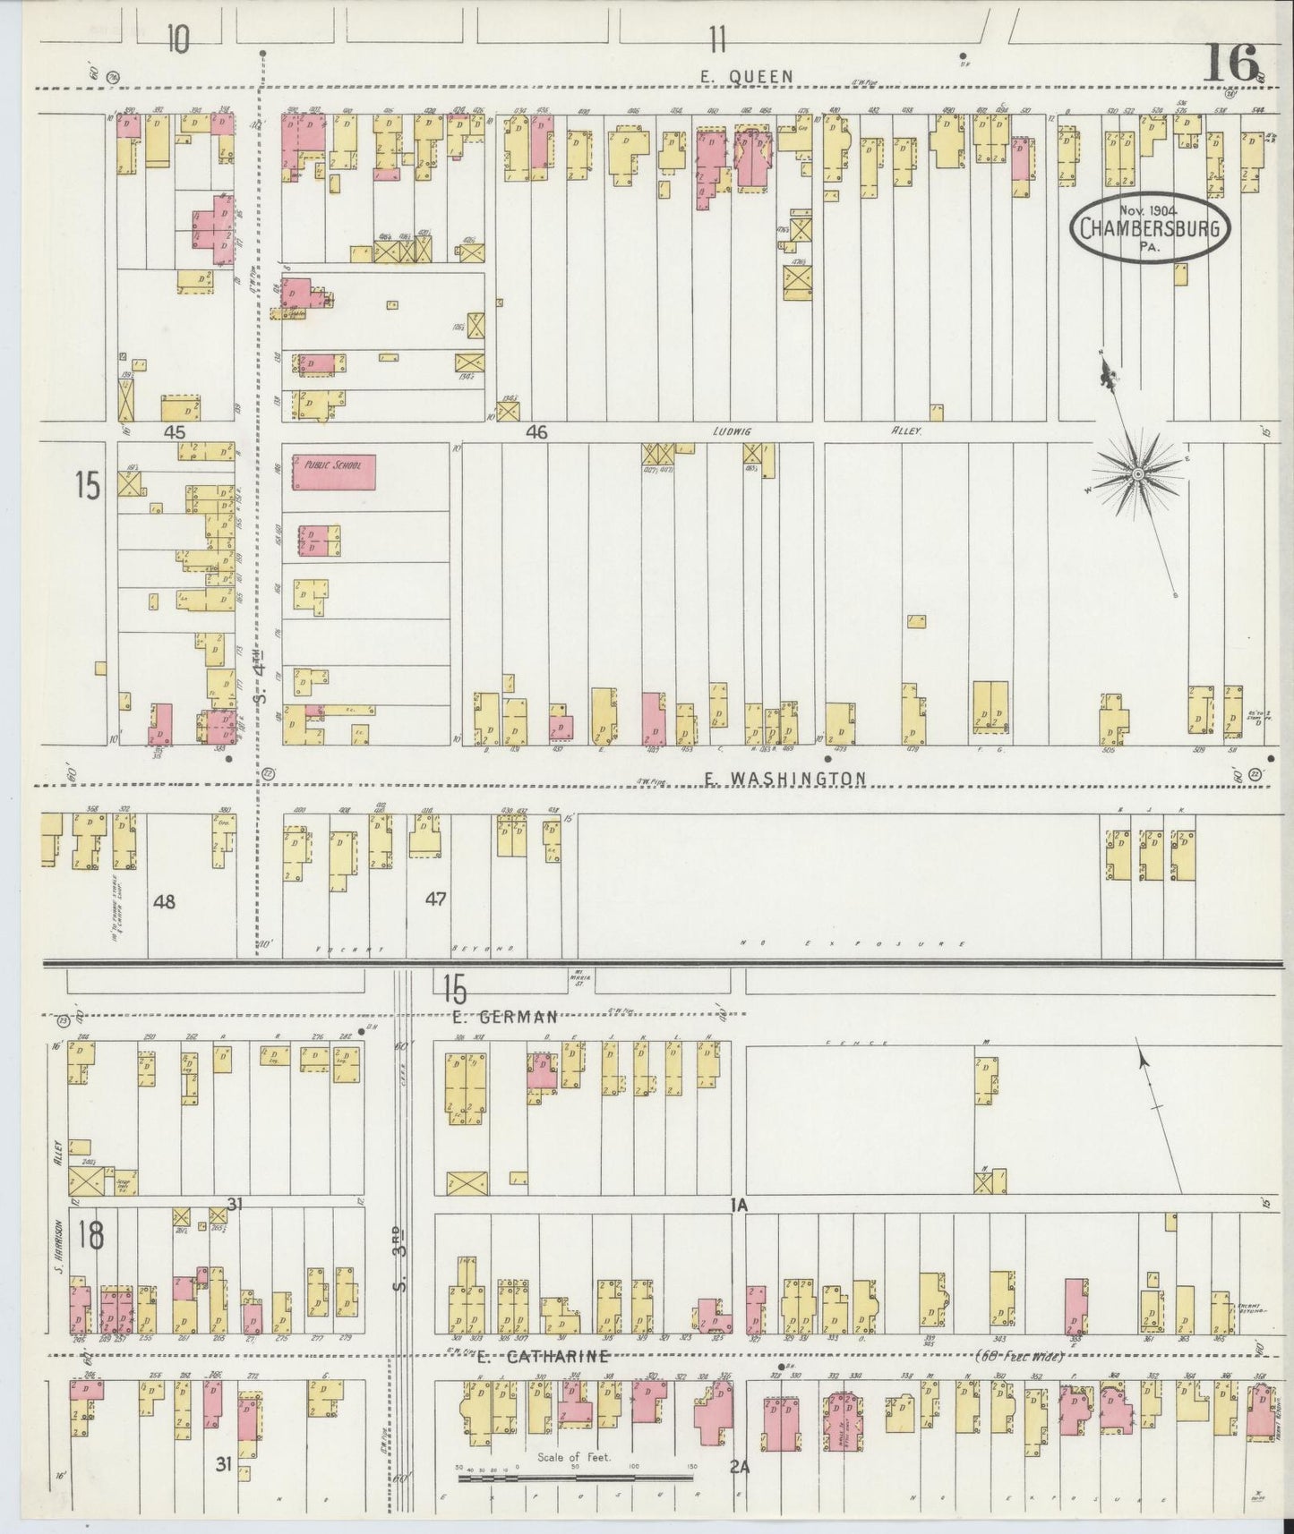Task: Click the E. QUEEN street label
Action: point(746,77)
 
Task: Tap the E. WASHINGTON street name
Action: point(784,779)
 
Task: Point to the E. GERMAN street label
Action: point(505,1016)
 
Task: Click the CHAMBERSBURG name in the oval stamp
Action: point(1150,227)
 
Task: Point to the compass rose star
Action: point(1137,473)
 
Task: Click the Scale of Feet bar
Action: point(573,1479)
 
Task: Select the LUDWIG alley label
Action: point(731,431)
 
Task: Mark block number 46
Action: point(536,432)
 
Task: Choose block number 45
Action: point(174,432)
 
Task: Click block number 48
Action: point(164,901)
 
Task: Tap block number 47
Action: point(436,899)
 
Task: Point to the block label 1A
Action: point(738,1206)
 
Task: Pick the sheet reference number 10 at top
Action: point(178,40)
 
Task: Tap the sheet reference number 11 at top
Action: point(716,39)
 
